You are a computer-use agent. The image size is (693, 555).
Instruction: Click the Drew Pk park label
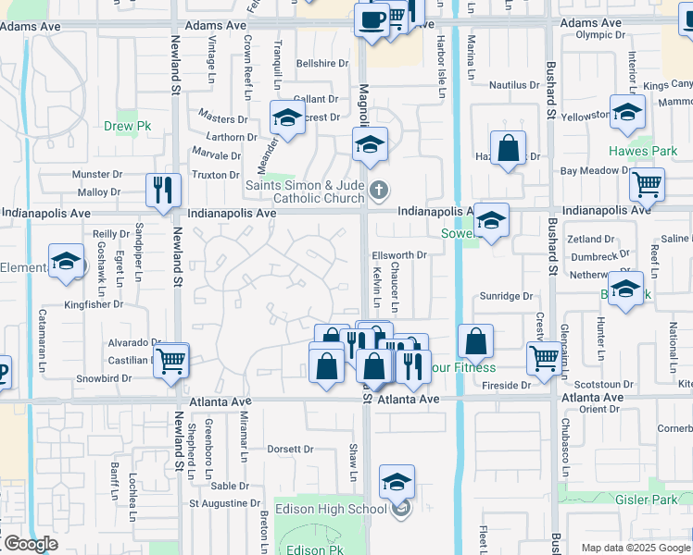[120, 125]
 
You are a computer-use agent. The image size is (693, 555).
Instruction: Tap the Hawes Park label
[643, 151]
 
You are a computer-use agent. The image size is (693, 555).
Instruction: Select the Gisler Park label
[647, 499]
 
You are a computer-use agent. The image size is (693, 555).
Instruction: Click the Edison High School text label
[342, 509]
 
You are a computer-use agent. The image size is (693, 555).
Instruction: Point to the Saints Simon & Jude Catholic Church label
[304, 191]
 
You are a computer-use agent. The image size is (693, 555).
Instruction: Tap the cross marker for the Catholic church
[378, 191]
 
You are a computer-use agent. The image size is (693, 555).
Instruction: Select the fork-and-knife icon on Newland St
[164, 190]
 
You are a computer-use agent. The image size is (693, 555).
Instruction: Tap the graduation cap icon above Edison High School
[397, 482]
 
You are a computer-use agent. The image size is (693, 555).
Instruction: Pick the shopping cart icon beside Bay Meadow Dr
[647, 183]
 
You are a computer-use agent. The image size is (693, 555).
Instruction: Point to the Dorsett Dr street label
[290, 450]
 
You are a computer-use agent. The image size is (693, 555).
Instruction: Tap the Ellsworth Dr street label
[398, 254]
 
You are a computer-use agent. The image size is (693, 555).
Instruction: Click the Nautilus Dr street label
[513, 85]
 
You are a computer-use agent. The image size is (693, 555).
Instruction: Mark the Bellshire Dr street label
[321, 64]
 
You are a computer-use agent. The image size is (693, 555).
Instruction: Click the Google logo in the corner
[30, 544]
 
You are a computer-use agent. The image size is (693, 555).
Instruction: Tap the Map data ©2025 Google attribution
[636, 548]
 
